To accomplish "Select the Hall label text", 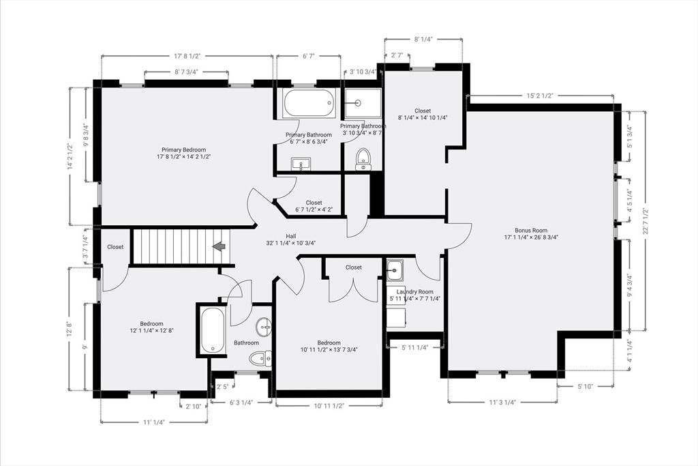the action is click(290, 236).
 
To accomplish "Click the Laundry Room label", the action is click(415, 292).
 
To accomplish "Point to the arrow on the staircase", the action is click(219, 246).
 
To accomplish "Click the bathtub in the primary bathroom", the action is click(309, 104).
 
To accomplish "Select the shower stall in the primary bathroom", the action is click(363, 103).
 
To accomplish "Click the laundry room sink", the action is click(395, 270).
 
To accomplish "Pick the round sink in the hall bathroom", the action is click(264, 327).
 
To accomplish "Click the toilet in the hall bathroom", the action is click(260, 359).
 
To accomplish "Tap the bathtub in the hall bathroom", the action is click(213, 330).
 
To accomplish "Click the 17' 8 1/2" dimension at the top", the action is click(187, 56).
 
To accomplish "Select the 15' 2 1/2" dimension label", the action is click(540, 96).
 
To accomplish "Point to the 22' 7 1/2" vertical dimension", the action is click(645, 222).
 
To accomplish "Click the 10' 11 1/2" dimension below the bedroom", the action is click(329, 405).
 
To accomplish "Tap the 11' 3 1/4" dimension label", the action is click(502, 403).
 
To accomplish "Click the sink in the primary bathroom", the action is click(301, 164).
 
